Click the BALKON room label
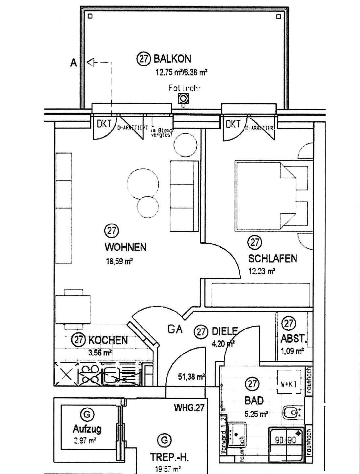172,59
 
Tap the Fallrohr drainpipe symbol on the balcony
183,98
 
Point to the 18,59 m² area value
119,262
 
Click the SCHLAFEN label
273,258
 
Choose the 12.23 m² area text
262,272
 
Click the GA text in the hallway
175,329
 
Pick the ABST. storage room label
293,339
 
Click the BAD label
254,400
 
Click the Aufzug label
87,429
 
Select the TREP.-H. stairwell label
169,457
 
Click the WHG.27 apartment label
189,408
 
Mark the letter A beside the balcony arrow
74,63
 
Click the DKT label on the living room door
104,124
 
